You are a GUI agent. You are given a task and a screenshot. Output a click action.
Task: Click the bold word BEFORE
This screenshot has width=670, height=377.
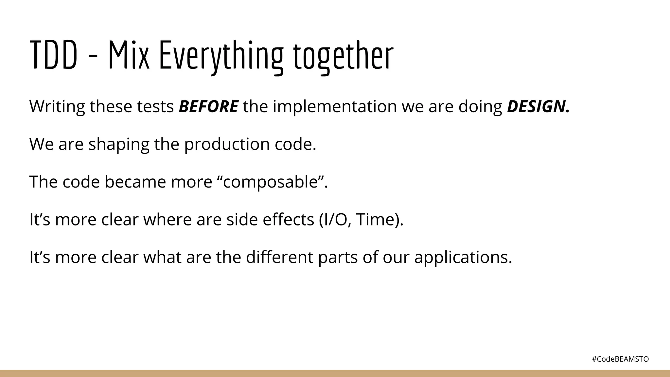tap(208, 107)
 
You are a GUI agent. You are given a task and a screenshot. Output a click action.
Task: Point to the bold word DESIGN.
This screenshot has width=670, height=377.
tap(538, 107)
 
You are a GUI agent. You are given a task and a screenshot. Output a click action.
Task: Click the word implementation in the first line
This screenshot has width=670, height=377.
tap(335, 107)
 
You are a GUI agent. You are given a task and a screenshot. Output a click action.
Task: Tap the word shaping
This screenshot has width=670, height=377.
tap(118, 144)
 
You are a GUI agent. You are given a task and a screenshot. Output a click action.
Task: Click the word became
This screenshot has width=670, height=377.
tap(135, 182)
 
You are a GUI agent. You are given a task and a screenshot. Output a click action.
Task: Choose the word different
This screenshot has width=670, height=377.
tap(279, 257)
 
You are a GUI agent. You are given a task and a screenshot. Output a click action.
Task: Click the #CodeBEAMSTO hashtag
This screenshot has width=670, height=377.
tap(620, 359)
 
